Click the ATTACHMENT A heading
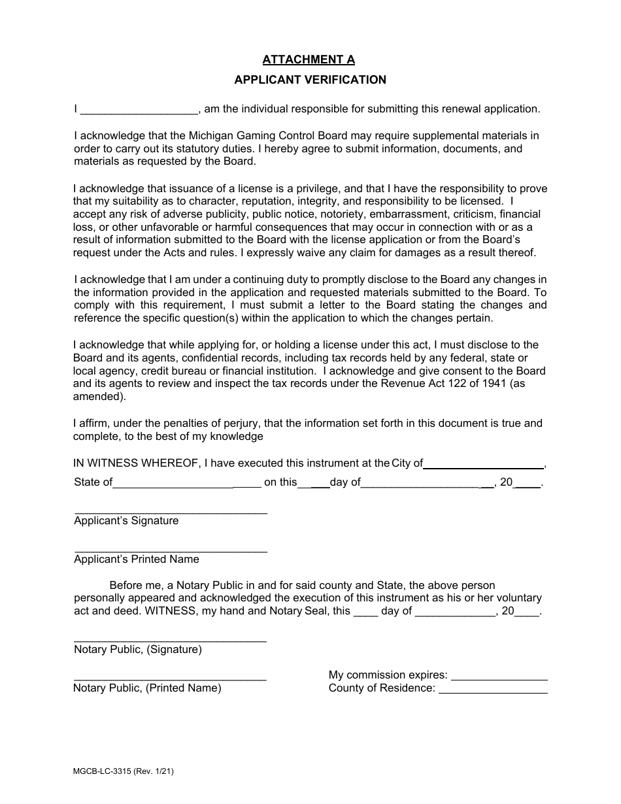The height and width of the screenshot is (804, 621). (x=309, y=59)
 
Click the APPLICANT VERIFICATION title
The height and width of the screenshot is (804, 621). (x=310, y=80)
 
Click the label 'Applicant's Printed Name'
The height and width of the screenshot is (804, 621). (x=137, y=560)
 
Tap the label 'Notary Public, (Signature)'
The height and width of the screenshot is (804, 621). (x=138, y=650)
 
